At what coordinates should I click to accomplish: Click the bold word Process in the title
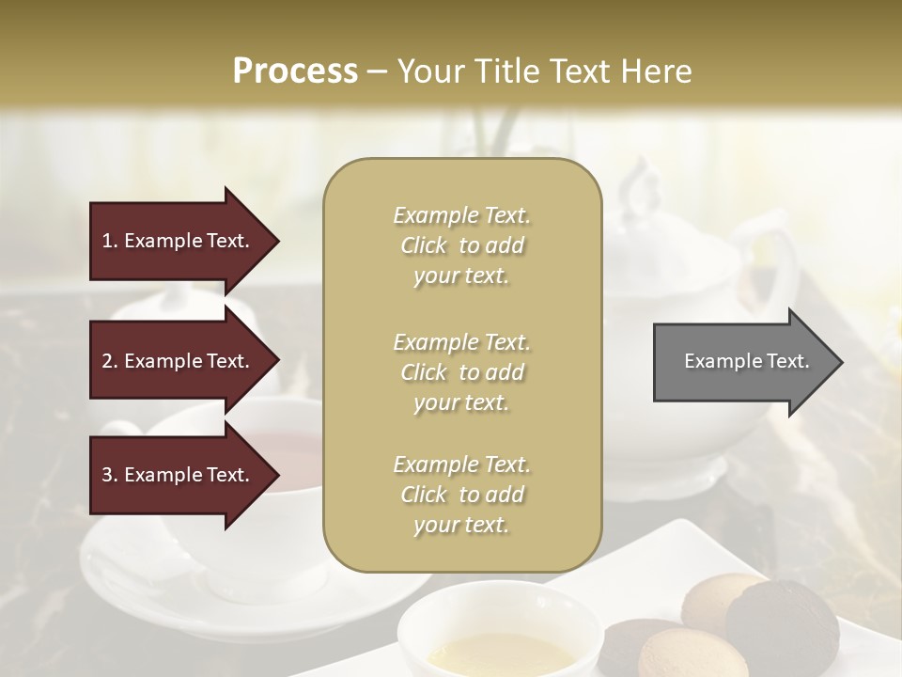click(295, 71)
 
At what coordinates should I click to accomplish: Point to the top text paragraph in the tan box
click(461, 245)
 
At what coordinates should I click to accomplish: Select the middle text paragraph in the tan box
click(461, 372)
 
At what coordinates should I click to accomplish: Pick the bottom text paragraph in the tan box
click(461, 495)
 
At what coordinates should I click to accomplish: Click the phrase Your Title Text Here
click(545, 71)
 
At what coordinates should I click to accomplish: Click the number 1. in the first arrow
click(110, 241)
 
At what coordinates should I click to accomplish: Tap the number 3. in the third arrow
click(110, 475)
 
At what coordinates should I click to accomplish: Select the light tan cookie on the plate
click(716, 602)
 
